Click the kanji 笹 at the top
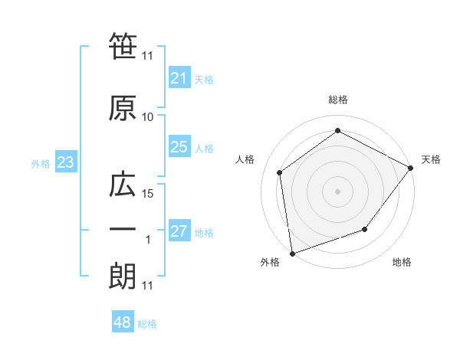[123, 47]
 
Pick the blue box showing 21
[179, 78]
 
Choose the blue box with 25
[179, 148]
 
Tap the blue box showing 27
[179, 232]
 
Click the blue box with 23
[65, 163]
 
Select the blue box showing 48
[123, 322]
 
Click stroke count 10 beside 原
[147, 117]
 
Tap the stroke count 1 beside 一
[147, 240]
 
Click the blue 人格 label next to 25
[204, 149]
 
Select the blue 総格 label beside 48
[147, 324]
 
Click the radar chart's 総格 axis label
[337, 100]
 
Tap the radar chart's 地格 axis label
[402, 262]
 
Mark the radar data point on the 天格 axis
[411, 169]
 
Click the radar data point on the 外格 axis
[292, 253]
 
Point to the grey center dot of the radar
[337, 191]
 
